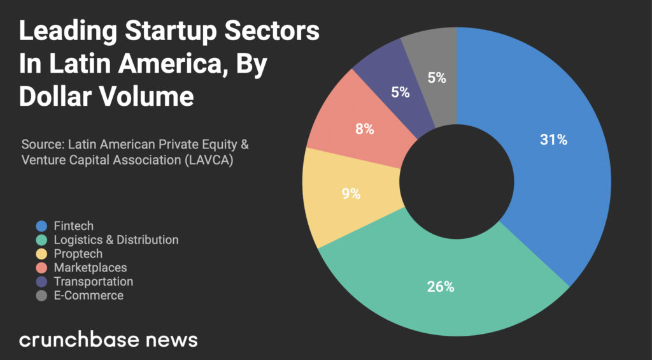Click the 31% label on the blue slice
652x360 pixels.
point(553,140)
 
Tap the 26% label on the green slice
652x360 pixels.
point(441,287)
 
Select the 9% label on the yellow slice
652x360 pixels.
point(351,194)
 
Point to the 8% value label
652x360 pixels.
point(365,129)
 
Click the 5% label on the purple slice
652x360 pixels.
point(400,92)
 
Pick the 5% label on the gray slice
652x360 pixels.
point(437,78)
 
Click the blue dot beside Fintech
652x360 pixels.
point(42,226)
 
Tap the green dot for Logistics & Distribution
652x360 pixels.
point(42,240)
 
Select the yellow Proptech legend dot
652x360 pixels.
point(42,254)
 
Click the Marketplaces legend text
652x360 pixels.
point(90,268)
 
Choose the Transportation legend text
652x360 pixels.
point(94,282)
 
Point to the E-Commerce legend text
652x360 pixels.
point(89,296)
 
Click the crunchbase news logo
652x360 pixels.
point(108,339)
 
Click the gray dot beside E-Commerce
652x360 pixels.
point(42,296)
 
